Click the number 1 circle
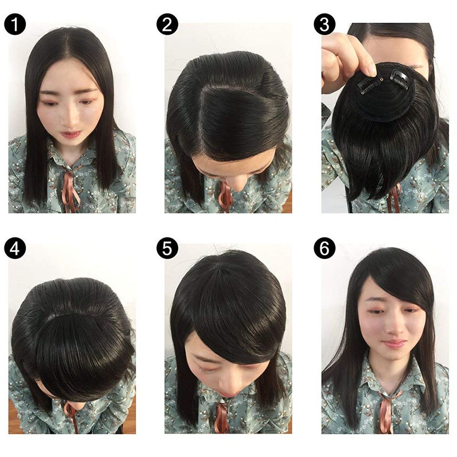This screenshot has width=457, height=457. point(15,25)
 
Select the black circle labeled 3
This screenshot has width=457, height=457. point(324,25)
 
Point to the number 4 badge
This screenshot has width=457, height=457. point(15,248)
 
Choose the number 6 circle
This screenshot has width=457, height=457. point(324,248)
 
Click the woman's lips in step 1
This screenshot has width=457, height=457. point(71,135)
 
